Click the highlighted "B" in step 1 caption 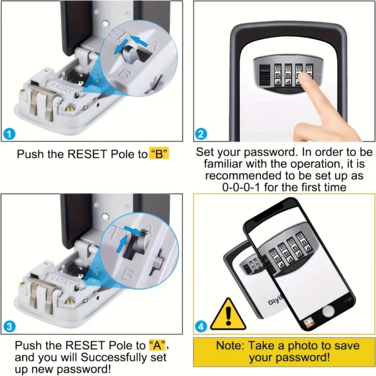(x=160, y=154)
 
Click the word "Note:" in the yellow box (x=232, y=345)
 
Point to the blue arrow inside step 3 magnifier (x=132, y=233)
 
